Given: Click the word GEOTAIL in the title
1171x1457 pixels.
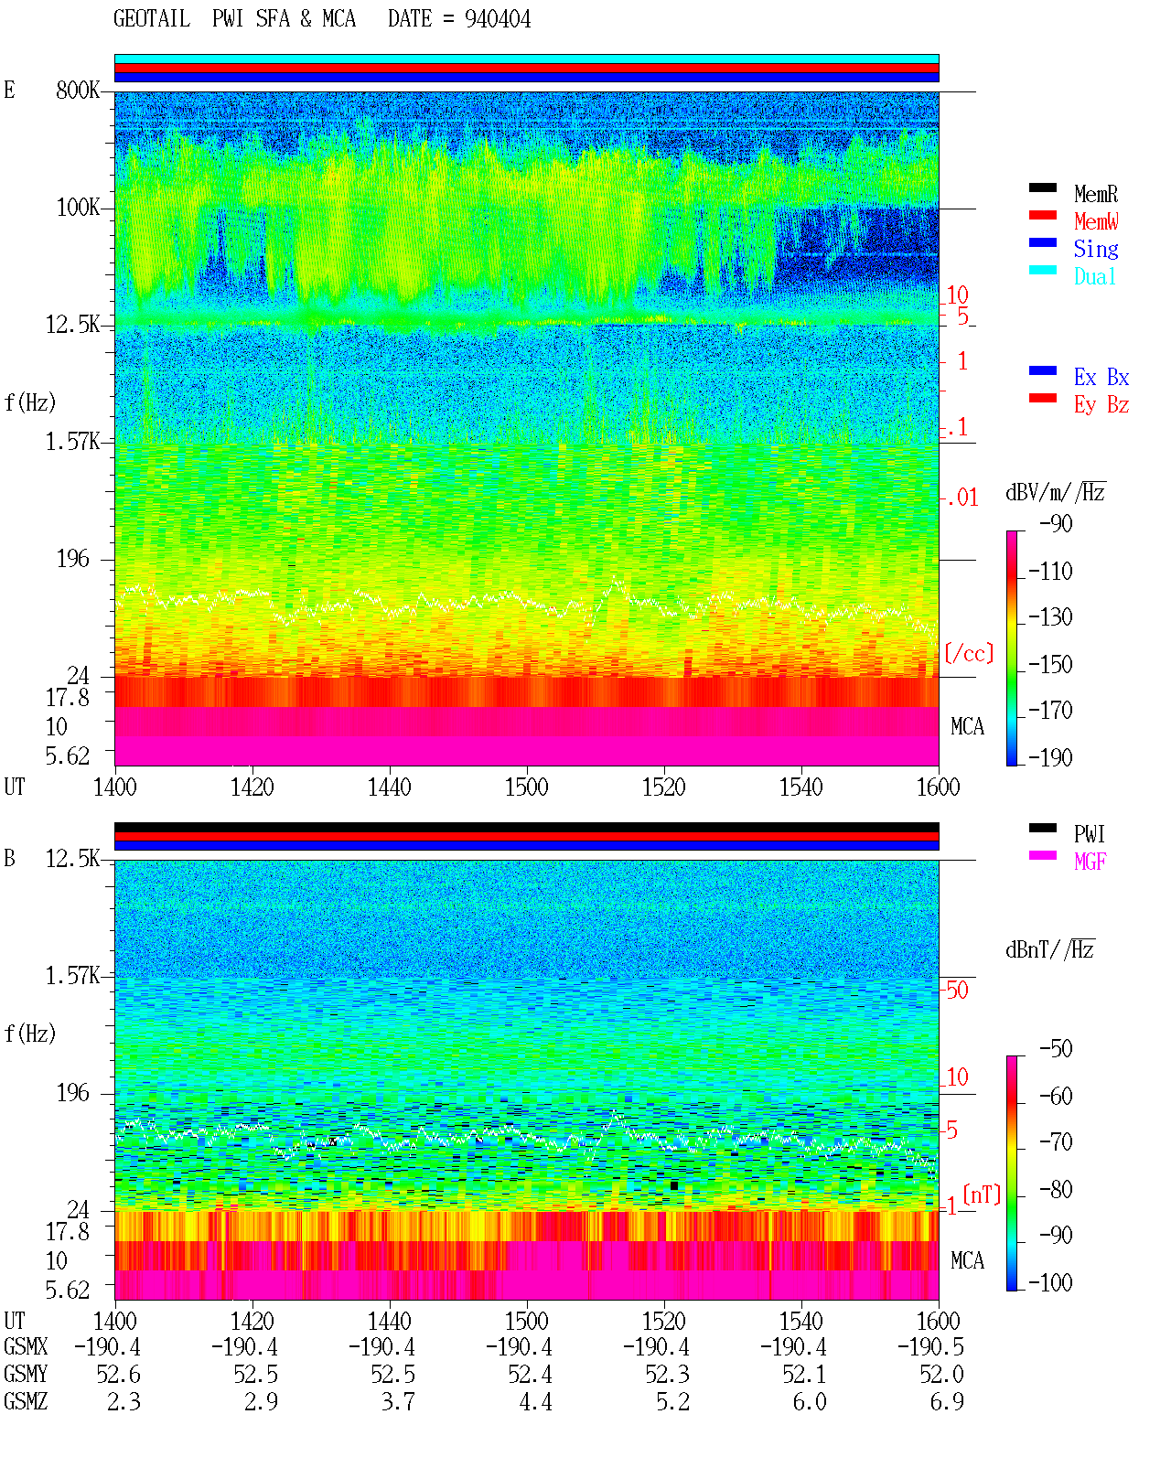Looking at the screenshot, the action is [152, 19].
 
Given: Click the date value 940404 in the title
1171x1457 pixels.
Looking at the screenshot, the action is [497, 19].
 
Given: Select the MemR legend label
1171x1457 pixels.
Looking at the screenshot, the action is [1096, 194].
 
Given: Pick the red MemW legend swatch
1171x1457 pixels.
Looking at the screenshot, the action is [1042, 215].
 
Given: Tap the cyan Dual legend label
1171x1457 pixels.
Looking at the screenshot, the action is [1094, 277].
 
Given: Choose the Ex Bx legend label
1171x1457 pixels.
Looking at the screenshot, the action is [1101, 377].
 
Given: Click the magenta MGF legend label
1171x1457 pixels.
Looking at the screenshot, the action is [1090, 862].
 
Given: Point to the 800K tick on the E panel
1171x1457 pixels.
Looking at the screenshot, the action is [78, 90].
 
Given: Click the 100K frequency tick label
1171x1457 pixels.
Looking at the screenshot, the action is [78, 208].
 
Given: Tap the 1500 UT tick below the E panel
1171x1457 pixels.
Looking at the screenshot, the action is [526, 787].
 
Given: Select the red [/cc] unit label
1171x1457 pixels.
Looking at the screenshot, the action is [969, 653].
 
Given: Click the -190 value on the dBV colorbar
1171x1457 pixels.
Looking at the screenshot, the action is [1050, 757].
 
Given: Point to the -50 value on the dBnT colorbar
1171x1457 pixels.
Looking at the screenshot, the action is [1056, 1049].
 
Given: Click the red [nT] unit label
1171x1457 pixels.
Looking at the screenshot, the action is [982, 1195].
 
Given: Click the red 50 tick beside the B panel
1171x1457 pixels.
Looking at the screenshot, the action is [957, 991].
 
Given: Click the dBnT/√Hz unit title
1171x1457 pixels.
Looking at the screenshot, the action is [1050, 949].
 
